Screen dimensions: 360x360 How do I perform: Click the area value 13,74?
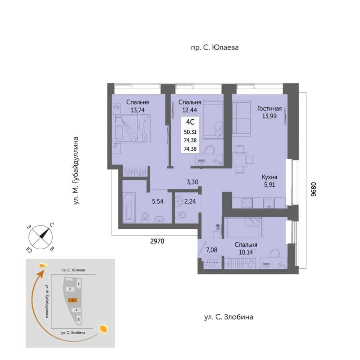(x=138, y=110)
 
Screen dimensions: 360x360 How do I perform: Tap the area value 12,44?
(x=190, y=110)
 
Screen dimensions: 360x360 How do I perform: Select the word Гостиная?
(x=269, y=108)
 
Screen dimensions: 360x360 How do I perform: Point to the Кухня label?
(x=269, y=177)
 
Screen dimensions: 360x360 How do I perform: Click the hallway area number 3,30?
(x=192, y=182)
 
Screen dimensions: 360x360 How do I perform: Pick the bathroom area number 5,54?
(x=158, y=201)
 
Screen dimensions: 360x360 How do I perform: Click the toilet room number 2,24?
(x=190, y=201)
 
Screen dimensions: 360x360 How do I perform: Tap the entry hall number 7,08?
(x=212, y=250)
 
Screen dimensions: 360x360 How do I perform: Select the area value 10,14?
(x=246, y=252)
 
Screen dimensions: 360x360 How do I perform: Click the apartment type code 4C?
(x=190, y=122)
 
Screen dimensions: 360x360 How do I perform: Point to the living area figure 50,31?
(x=190, y=132)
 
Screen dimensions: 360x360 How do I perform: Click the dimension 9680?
(x=314, y=189)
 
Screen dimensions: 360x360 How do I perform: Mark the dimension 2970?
(x=157, y=241)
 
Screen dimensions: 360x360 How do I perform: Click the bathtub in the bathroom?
(x=129, y=208)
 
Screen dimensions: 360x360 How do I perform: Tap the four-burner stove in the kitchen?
(x=247, y=203)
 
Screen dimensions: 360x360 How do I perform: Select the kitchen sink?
(x=269, y=203)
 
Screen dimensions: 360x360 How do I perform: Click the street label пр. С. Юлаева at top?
(x=215, y=48)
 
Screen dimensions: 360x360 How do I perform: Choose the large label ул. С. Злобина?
(x=229, y=317)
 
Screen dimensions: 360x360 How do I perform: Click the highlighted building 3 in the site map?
(x=72, y=300)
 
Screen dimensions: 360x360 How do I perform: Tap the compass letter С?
(x=52, y=225)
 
